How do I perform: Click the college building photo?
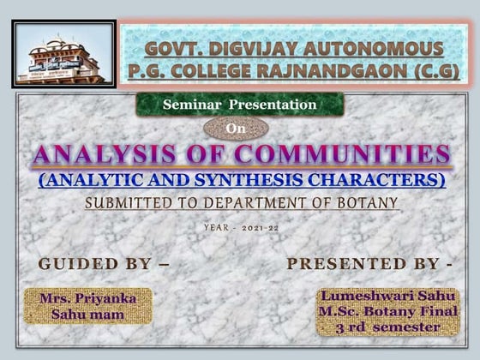tap(61, 54)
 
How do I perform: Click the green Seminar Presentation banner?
tap(240, 105)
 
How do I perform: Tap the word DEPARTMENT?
tap(257, 203)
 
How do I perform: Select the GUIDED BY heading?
tap(104, 264)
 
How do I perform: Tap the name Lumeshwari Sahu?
tap(388, 296)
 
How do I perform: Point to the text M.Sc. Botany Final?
tap(388, 311)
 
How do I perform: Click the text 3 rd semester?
tap(388, 327)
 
